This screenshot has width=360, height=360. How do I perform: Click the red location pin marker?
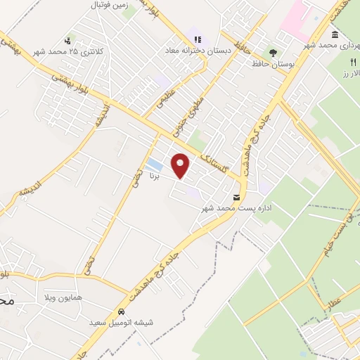[181, 165]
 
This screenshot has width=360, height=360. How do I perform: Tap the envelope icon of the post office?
[236, 197]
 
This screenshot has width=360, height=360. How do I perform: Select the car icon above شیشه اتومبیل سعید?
[122, 311]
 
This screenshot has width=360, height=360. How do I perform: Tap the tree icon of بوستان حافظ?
[272, 52]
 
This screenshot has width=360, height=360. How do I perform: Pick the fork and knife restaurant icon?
[344, 62]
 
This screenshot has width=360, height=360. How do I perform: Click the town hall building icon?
[333, 34]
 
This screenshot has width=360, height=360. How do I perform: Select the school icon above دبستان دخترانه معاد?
[198, 39]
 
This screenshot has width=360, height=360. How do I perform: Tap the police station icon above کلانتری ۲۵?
[67, 40]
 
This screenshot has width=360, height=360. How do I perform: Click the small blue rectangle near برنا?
[154, 165]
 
